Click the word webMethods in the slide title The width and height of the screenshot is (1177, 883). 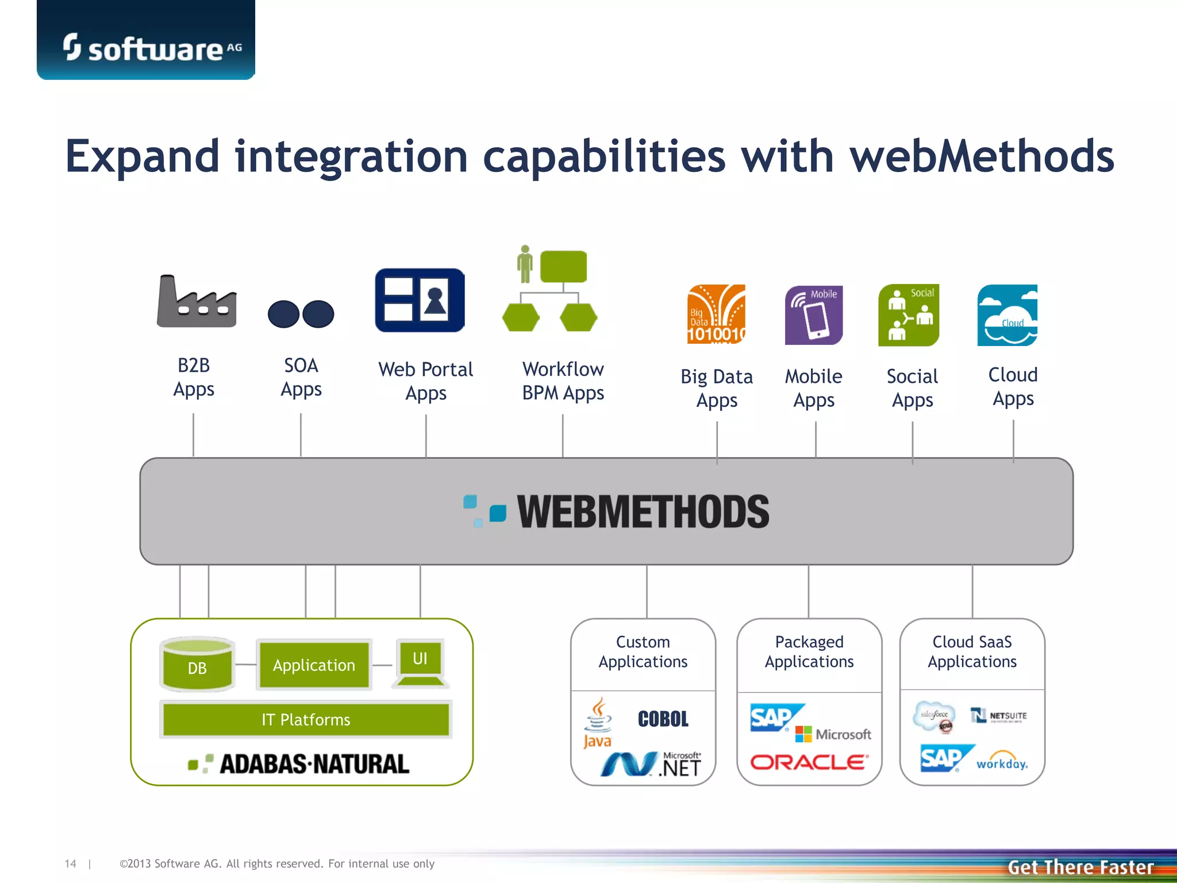pos(982,156)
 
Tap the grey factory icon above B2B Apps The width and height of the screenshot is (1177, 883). pos(196,302)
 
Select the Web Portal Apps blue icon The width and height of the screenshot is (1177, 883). pos(420,300)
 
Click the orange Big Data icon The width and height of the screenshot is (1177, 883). pos(716,314)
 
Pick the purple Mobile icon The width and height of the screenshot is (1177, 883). pos(814,315)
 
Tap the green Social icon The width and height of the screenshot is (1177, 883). pos(908,315)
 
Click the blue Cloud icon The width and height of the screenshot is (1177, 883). pos(1007,315)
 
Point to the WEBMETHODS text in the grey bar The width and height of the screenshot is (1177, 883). pos(643,512)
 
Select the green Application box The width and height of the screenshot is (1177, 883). pos(314,665)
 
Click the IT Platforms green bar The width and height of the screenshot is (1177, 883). pos(306,719)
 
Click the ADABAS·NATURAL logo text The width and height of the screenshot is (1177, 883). pos(314,764)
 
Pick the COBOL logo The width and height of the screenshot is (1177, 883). pos(663,719)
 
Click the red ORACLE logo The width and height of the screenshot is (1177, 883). pos(809,762)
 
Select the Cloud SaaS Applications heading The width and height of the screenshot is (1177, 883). pos(972,652)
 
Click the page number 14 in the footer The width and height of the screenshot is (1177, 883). pos(70,863)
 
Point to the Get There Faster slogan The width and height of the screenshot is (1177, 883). pos(1080,867)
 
